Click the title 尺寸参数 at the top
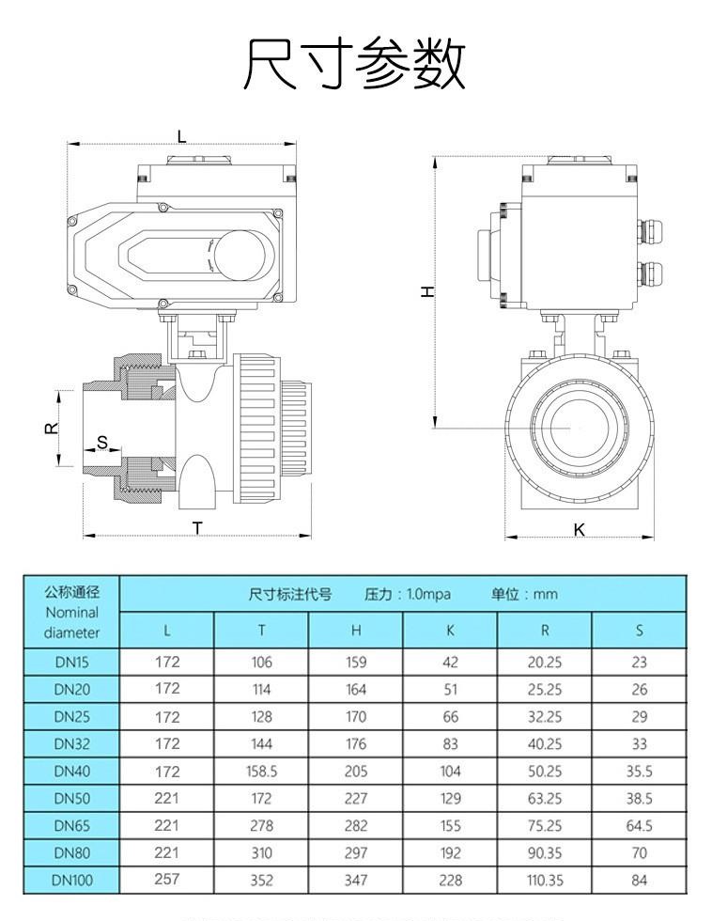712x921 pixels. coord(355,64)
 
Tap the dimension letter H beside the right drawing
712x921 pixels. coord(427,291)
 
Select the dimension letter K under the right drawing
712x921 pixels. coord(579,530)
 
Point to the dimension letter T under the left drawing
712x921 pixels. coord(197,527)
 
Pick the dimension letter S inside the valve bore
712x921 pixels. coord(102,442)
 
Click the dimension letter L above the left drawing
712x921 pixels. coord(181,137)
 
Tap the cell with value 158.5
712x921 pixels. coord(261,771)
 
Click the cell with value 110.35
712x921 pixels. coord(545,881)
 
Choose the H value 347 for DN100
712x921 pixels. coord(356,881)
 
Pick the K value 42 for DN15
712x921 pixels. coord(451,662)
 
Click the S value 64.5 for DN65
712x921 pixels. coord(640,826)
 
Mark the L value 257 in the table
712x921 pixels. coord(167,880)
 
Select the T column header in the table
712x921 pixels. coord(261,630)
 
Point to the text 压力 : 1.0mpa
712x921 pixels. coord(408,594)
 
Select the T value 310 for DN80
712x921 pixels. coord(261,853)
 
